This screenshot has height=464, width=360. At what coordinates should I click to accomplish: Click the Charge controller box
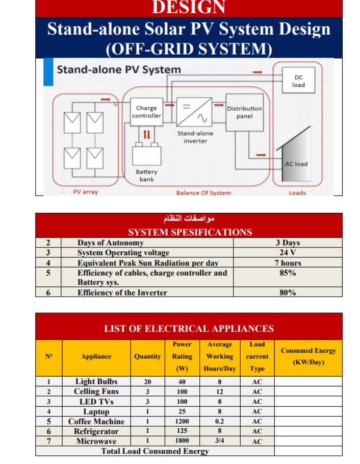pos(146,111)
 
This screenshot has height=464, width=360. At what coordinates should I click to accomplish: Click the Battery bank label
pos(146,176)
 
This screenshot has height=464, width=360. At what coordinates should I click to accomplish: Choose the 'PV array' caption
pos(85,192)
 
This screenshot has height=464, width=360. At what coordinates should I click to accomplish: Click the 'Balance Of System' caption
pos(203,193)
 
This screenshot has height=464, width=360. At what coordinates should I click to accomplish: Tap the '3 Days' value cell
pos(288,243)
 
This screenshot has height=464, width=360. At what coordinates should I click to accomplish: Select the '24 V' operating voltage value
pos(288,253)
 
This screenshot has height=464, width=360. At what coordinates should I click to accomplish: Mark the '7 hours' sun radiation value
pos(288,263)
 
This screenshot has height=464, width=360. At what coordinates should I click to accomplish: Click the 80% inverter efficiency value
pos(288,292)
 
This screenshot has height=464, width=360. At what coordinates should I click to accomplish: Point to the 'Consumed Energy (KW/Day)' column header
pos(308,356)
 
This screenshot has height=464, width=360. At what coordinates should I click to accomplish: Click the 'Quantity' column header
pos(147,356)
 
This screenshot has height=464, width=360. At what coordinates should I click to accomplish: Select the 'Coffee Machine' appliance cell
pos(96,422)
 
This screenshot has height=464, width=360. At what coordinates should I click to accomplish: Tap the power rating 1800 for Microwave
pos(182,441)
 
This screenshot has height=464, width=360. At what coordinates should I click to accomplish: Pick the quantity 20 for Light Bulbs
pos(147,382)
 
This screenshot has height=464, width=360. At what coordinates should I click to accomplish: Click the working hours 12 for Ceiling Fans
pos(220,392)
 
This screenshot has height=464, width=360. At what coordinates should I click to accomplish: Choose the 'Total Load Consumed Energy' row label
pos(155,451)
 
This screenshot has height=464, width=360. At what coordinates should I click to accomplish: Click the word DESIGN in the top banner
pos(188,8)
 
